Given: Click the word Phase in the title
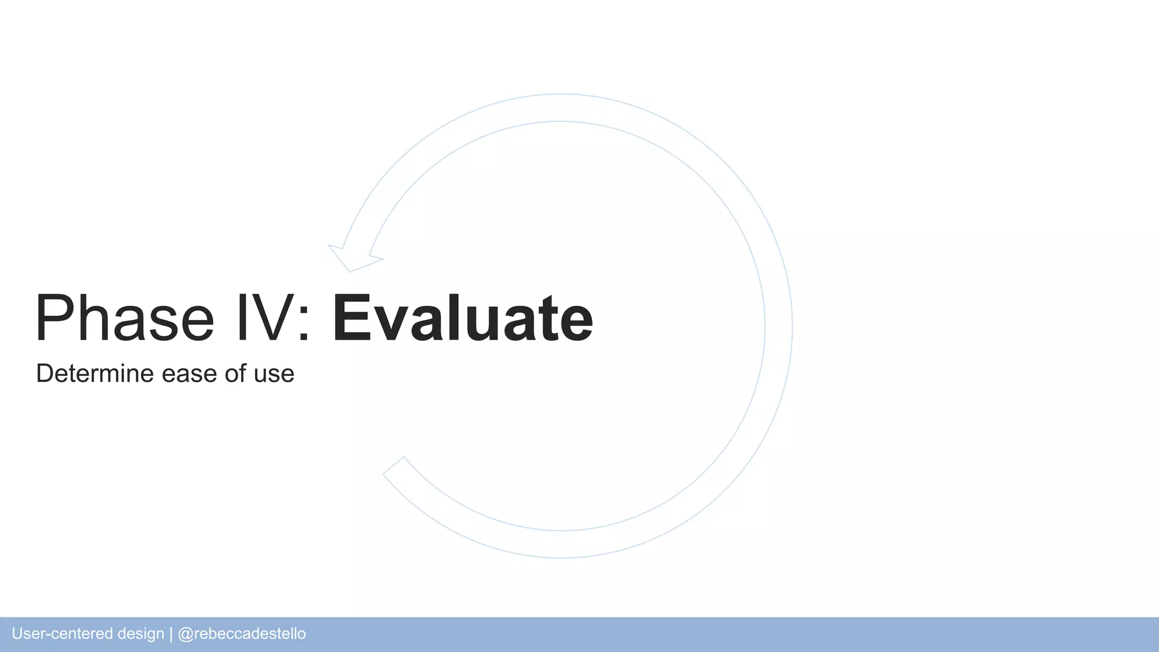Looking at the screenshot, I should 125,318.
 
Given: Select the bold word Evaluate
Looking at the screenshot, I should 462,318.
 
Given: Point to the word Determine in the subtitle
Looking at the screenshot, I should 95,374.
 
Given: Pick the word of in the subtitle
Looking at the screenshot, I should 235,374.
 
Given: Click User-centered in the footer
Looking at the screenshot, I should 62,634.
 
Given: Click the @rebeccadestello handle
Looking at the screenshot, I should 242,634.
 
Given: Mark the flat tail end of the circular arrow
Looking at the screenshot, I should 394,465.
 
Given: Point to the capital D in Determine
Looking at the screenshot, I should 45,374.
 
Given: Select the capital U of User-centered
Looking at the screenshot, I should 17,634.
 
